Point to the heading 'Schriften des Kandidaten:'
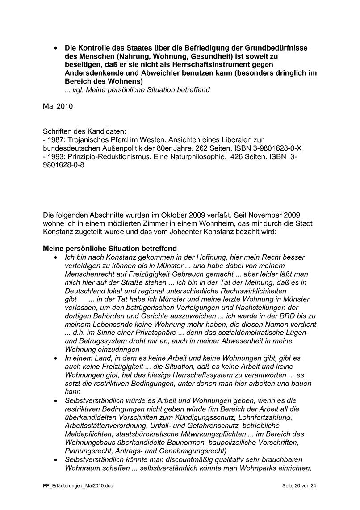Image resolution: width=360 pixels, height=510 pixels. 85,131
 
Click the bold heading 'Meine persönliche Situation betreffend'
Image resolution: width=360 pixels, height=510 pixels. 110,249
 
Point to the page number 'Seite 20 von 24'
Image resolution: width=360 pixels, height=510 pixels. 299,485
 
